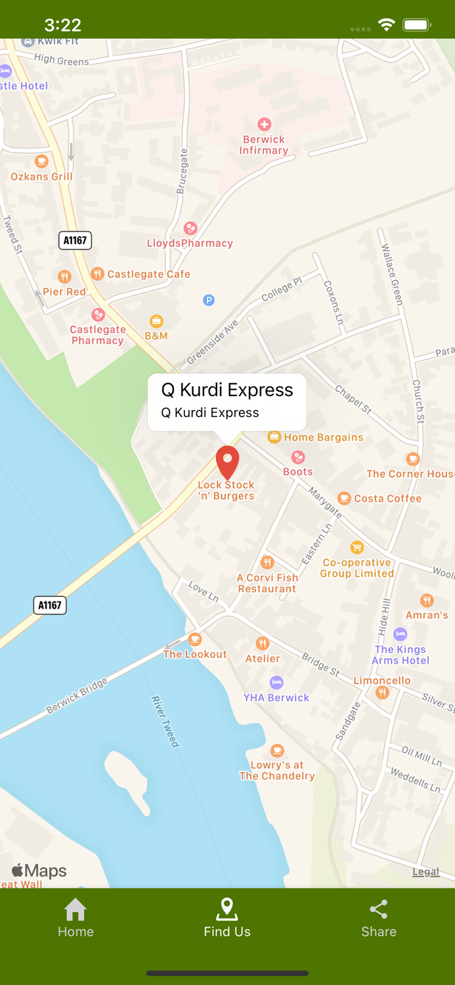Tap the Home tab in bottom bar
click(76, 918)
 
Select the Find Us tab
click(227, 918)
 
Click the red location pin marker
click(227, 461)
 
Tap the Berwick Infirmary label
click(263, 144)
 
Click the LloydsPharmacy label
click(190, 243)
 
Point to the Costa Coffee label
click(387, 498)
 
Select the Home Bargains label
click(323, 437)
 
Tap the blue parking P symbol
click(209, 300)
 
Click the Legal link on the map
click(425, 871)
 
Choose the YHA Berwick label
click(276, 697)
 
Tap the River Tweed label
click(165, 721)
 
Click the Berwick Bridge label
click(77, 696)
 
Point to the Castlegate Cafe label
click(148, 274)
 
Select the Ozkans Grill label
click(41, 176)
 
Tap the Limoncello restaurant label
click(381, 680)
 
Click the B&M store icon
click(156, 321)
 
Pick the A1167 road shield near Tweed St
click(75, 240)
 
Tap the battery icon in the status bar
click(416, 25)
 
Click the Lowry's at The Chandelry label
click(276, 770)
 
